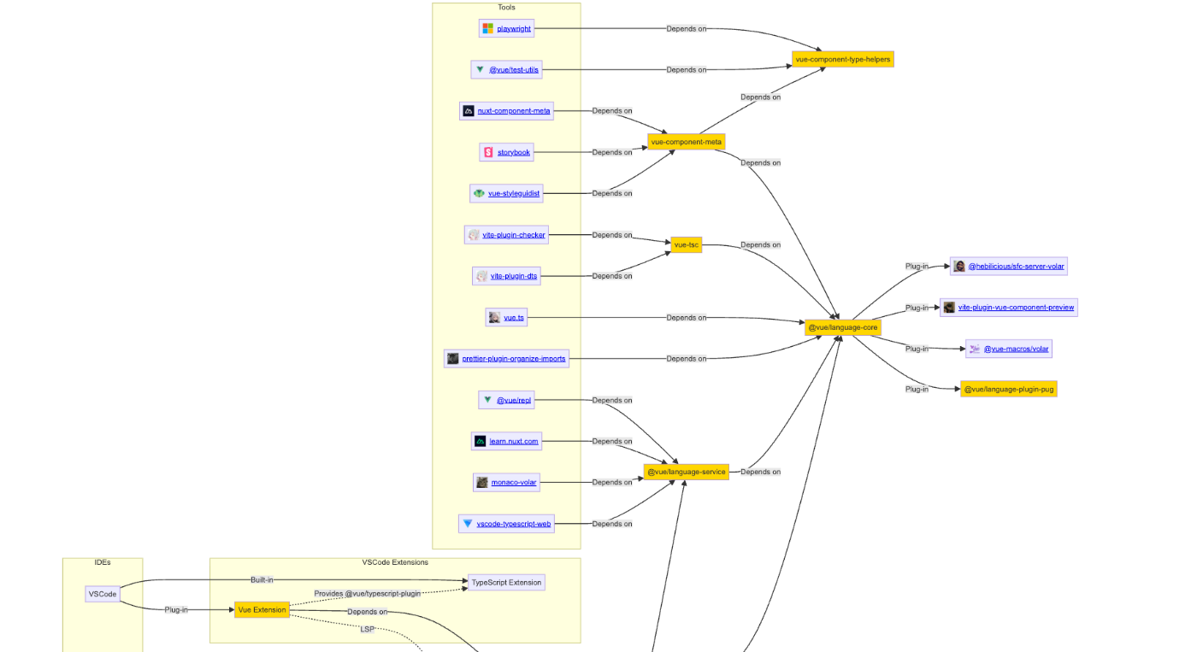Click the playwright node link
click(x=514, y=29)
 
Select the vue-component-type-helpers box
click(x=842, y=59)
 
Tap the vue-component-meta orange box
click(x=686, y=142)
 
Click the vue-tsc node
click(x=686, y=245)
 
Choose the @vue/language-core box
click(x=841, y=327)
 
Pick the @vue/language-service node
click(x=686, y=472)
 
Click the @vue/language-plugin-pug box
click(x=1008, y=389)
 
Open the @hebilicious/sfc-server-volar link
click(x=1016, y=267)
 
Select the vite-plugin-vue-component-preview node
click(x=1016, y=308)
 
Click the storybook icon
click(x=489, y=152)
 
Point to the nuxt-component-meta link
click(x=514, y=111)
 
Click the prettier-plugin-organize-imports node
click(x=513, y=359)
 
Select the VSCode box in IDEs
click(x=103, y=594)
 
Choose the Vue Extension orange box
click(x=262, y=609)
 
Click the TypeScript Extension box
click(x=506, y=583)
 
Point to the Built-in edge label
click(x=262, y=580)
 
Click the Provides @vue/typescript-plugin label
click(x=367, y=593)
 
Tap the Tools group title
click(x=506, y=8)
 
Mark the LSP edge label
click(x=367, y=629)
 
